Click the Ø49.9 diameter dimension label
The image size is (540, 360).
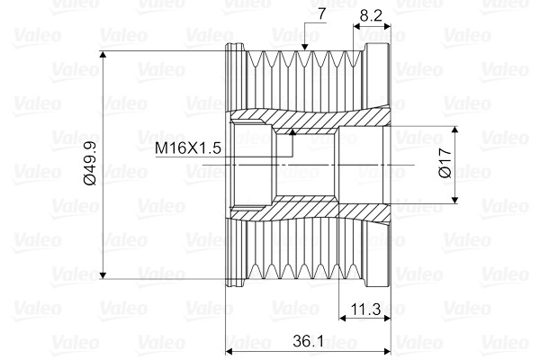click(91, 163)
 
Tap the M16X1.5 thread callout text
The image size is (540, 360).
click(188, 148)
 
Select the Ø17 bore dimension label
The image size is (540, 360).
click(445, 163)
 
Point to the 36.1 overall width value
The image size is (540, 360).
click(308, 341)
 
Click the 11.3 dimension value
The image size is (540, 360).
click(365, 309)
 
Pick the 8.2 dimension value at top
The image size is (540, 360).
click(371, 15)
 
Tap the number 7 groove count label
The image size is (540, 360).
click(321, 14)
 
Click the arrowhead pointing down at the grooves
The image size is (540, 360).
click(304, 47)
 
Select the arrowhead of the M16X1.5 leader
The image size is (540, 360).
click(292, 131)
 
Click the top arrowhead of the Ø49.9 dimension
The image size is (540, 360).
click(103, 54)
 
